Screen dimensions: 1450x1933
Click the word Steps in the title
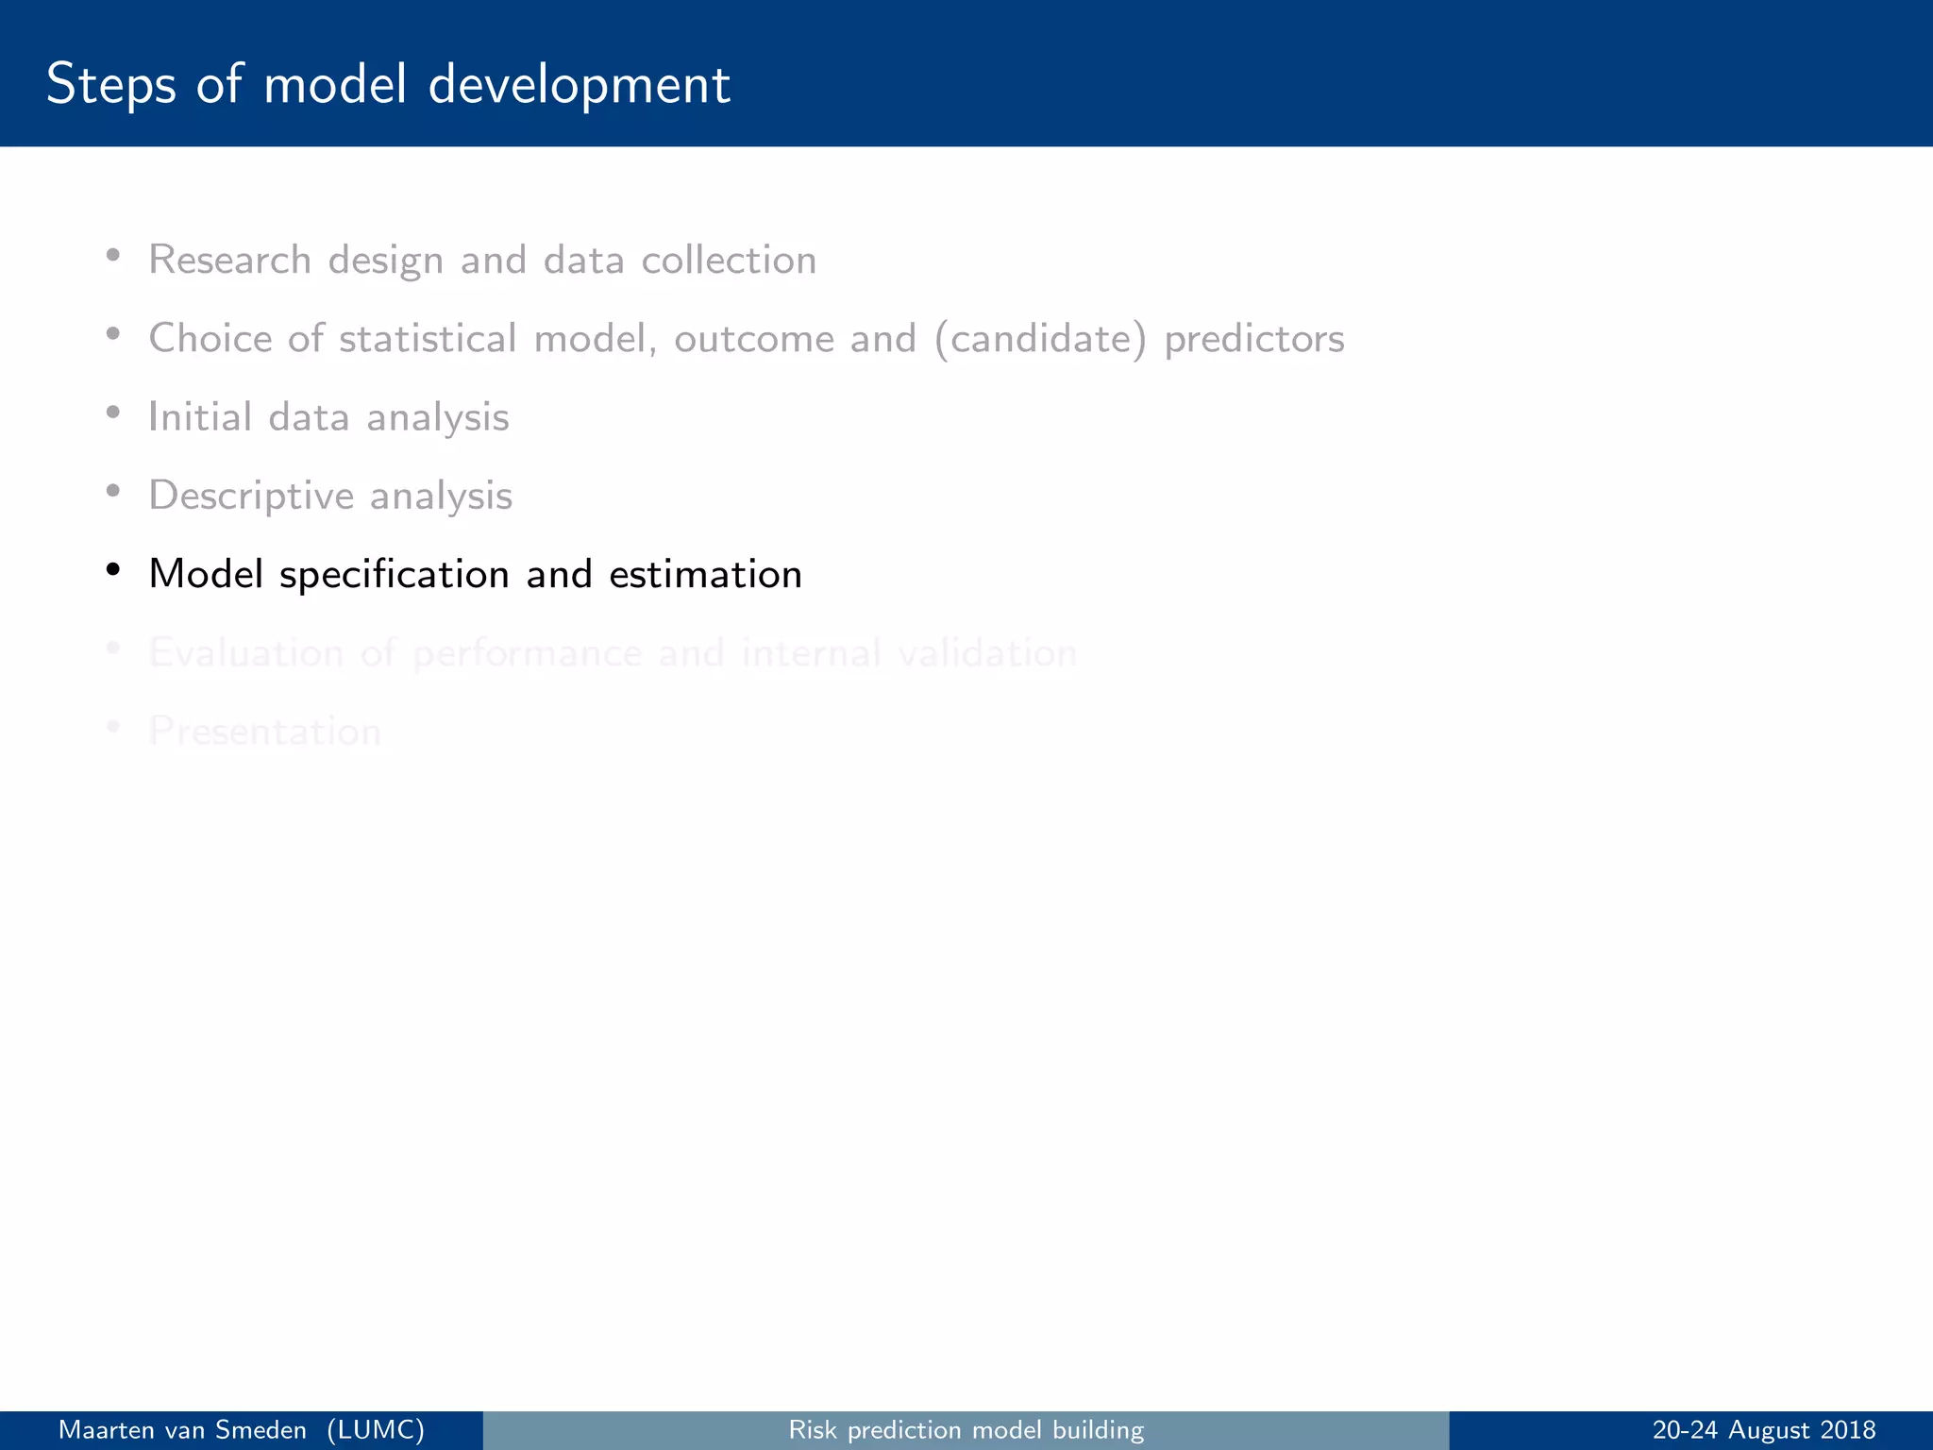(110, 85)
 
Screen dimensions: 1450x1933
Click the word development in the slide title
(579, 85)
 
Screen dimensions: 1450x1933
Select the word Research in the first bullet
(229, 260)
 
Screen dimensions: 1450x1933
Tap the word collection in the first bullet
(728, 260)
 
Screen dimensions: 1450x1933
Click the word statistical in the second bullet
(427, 338)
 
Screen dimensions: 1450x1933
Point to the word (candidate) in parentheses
(1040, 338)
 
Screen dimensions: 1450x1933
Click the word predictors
(1253, 338)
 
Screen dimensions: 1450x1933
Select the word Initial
(200, 416)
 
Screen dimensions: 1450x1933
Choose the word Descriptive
(250, 496)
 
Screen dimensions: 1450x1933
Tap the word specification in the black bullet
(394, 574)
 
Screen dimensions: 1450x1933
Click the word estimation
(705, 574)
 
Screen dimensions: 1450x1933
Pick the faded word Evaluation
(245, 652)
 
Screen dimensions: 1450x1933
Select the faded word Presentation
(264, 731)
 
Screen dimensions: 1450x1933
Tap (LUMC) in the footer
(376, 1430)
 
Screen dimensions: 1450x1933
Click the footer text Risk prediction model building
(966, 1430)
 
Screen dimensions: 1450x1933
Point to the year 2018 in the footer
(1848, 1430)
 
